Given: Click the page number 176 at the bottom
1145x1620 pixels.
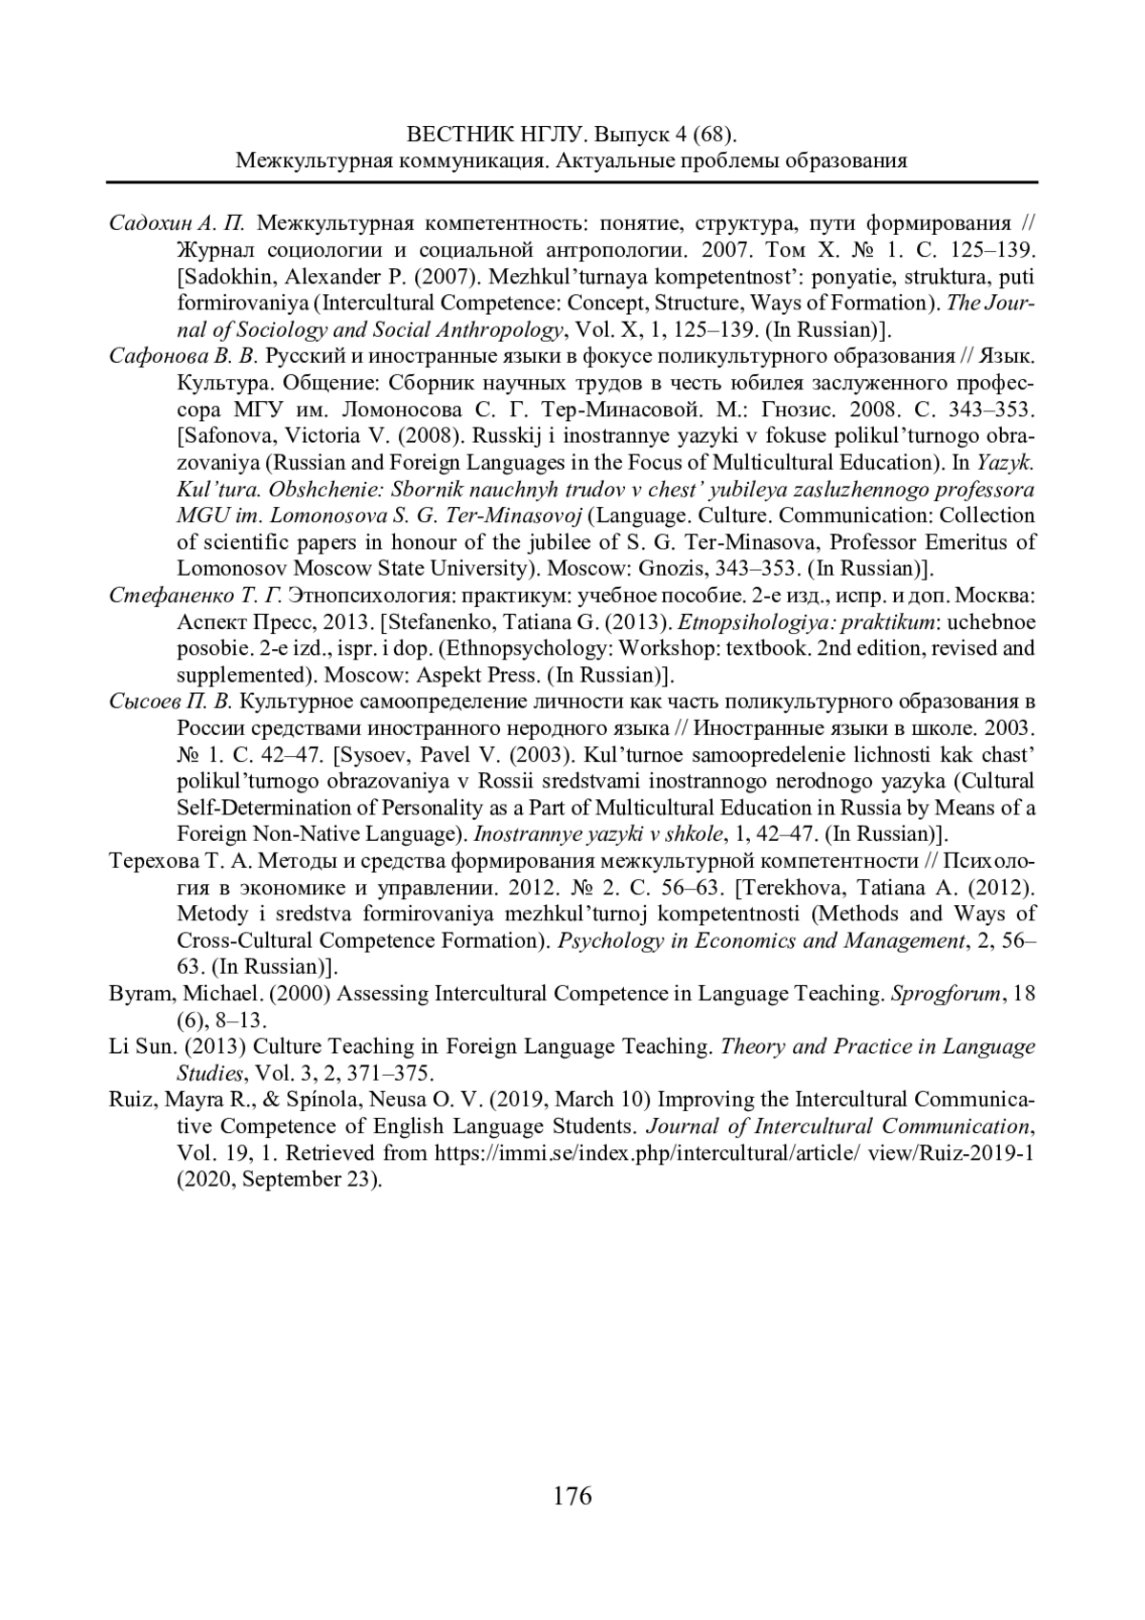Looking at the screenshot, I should pos(572,1495).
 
